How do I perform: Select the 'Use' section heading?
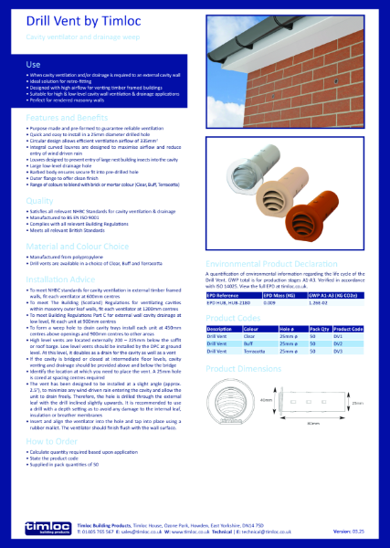pyautogui.click(x=32, y=66)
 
